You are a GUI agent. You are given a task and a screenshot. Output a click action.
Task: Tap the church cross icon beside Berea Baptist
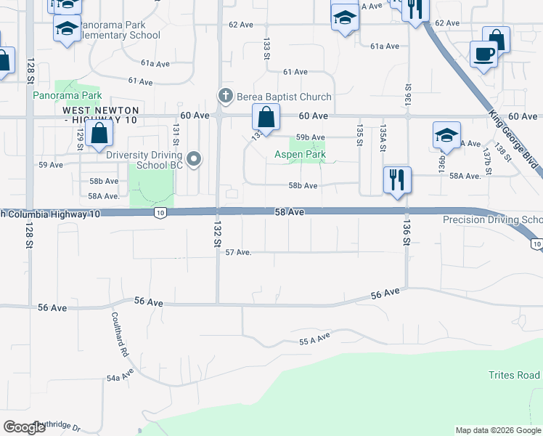coord(226,96)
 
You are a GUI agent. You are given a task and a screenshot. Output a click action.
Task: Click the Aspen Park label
coord(300,154)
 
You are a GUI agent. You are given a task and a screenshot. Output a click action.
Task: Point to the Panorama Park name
coord(67,95)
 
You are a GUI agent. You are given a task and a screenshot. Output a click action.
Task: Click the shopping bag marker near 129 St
coord(99,134)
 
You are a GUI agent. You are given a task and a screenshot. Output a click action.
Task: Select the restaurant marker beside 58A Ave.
coord(397,179)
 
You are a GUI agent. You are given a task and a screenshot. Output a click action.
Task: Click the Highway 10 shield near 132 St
coord(160,213)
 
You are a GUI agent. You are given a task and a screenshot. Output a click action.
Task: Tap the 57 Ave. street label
coord(238,252)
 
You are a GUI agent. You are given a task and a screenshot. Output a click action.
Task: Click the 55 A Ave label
coord(314,339)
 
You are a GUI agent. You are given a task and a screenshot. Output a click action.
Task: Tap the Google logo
coord(25,427)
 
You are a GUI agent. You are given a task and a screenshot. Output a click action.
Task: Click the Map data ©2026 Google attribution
coord(498,430)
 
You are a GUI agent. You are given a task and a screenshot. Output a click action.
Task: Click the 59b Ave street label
coord(310,137)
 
